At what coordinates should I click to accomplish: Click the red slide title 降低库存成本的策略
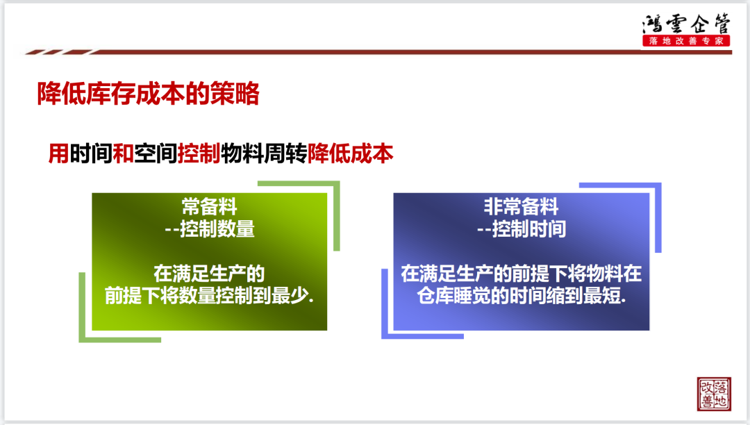149,93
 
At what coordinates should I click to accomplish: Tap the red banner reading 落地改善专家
686,41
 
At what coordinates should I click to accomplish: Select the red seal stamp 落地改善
714,394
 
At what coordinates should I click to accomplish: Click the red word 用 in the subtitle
58,153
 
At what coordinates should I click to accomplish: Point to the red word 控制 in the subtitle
199,153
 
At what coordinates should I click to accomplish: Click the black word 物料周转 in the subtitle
264,153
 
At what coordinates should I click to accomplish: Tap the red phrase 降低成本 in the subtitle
350,153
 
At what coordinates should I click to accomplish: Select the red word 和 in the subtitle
123,153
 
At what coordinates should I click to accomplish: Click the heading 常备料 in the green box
209,207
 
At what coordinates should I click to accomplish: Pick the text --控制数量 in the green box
209,229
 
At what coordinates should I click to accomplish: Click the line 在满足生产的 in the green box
209,274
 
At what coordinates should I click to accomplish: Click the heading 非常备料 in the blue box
521,207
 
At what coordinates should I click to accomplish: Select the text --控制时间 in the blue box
522,229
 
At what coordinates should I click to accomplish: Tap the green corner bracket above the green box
337,215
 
